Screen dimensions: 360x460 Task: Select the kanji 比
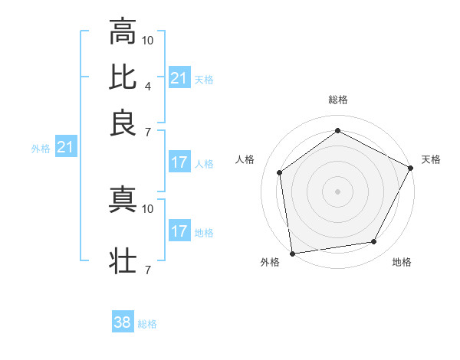(x=123, y=77)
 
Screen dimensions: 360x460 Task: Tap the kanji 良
(x=123, y=123)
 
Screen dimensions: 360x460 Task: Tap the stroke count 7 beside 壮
(x=147, y=270)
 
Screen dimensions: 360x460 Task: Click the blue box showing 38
(x=123, y=322)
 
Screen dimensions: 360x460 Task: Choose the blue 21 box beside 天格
(x=179, y=78)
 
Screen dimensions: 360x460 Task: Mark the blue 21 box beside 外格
(x=64, y=147)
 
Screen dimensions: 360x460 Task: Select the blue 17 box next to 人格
(x=179, y=162)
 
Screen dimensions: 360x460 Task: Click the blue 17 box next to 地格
(x=179, y=231)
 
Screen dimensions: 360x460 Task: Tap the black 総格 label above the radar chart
(x=338, y=100)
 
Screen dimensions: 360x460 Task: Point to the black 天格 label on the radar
(x=431, y=159)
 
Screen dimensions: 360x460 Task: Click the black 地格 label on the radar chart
(x=402, y=262)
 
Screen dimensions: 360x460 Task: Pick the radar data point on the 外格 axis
(x=292, y=253)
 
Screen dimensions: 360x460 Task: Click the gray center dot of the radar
(x=337, y=191)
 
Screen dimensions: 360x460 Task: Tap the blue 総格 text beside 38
(x=147, y=324)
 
